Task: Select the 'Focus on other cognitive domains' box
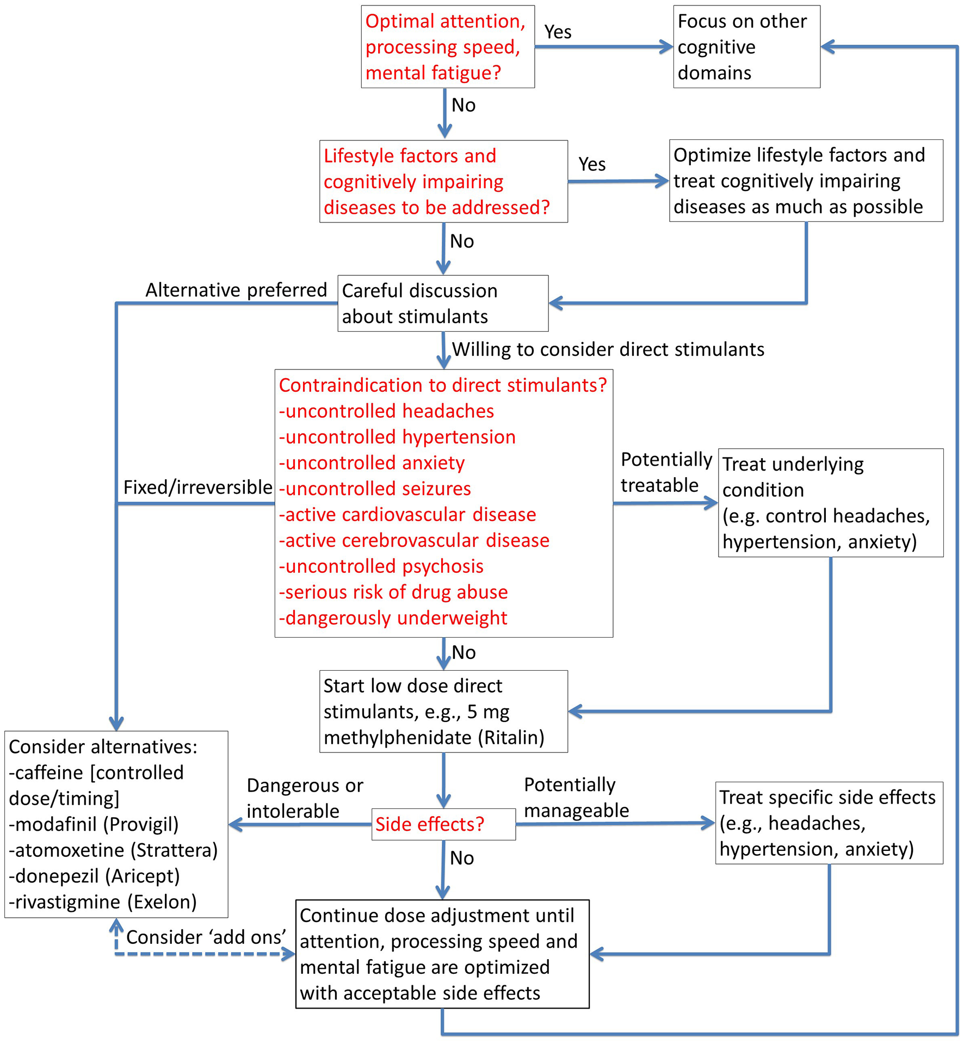click(746, 47)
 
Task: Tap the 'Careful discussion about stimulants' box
click(442, 304)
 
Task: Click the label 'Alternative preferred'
click(236, 290)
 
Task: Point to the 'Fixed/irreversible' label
click(197, 487)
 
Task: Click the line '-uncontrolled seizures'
click(374, 489)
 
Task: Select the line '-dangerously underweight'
click(392, 618)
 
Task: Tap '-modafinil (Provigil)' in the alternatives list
click(94, 824)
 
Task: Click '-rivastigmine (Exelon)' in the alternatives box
click(102, 902)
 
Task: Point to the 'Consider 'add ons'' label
click(206, 937)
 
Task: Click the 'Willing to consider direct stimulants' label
click(608, 349)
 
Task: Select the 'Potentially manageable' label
click(576, 798)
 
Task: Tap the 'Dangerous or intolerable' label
click(304, 798)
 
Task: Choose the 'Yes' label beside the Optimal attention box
click(558, 32)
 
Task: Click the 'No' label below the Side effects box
click(461, 858)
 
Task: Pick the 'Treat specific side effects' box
click(828, 823)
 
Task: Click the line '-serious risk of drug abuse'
click(393, 592)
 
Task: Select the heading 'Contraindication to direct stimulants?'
click(442, 385)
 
